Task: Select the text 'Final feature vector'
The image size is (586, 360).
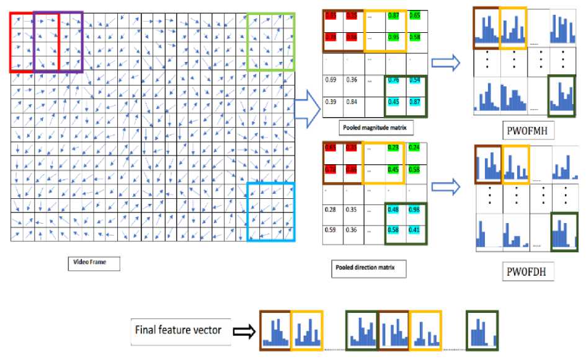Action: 177,330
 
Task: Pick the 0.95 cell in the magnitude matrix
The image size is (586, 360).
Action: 393,37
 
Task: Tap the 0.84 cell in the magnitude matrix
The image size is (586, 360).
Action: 353,102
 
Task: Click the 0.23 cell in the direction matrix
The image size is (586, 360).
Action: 393,148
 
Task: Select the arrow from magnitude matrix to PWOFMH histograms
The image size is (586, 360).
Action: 445,62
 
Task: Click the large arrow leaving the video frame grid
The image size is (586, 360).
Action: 307,110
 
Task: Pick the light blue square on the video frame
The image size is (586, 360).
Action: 271,211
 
